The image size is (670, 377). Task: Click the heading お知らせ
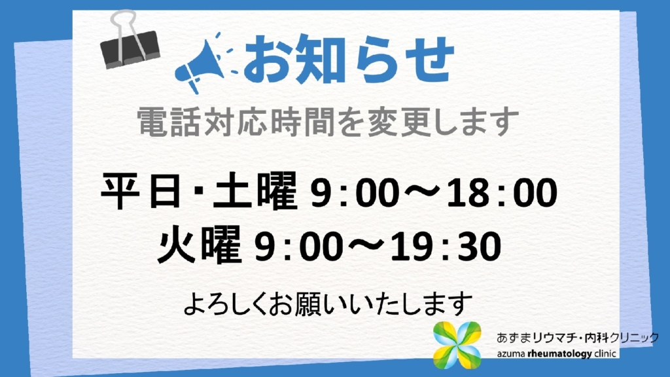(348, 59)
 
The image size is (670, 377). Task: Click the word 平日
(141, 191)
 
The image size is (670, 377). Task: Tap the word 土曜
(255, 191)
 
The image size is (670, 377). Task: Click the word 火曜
(200, 245)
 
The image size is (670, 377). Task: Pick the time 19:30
(446, 247)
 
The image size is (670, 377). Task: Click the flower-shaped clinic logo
(457, 345)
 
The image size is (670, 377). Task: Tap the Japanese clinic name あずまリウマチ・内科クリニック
(578, 338)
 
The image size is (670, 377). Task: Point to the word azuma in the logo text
(510, 354)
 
